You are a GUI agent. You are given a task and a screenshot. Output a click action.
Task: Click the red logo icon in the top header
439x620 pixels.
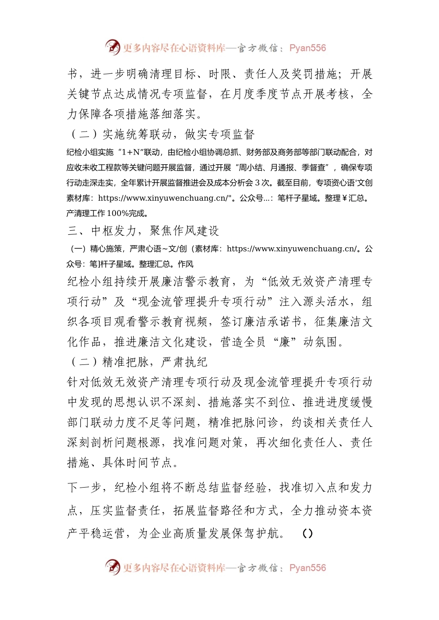tap(112, 47)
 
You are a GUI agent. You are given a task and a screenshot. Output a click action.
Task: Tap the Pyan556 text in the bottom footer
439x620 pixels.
tap(307, 568)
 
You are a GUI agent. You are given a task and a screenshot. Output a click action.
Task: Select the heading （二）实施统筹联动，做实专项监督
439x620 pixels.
tap(161, 134)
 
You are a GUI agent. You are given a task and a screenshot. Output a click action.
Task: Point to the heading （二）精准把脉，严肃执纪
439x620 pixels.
tap(138, 362)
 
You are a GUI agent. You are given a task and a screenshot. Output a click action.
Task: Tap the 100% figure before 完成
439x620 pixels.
tap(117, 214)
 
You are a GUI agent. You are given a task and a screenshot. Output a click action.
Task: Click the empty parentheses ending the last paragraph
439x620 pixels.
tap(307, 534)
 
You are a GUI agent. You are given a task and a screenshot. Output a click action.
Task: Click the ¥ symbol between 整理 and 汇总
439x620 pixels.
tap(344, 198)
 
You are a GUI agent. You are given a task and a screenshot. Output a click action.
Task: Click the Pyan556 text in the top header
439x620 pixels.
tap(307, 48)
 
